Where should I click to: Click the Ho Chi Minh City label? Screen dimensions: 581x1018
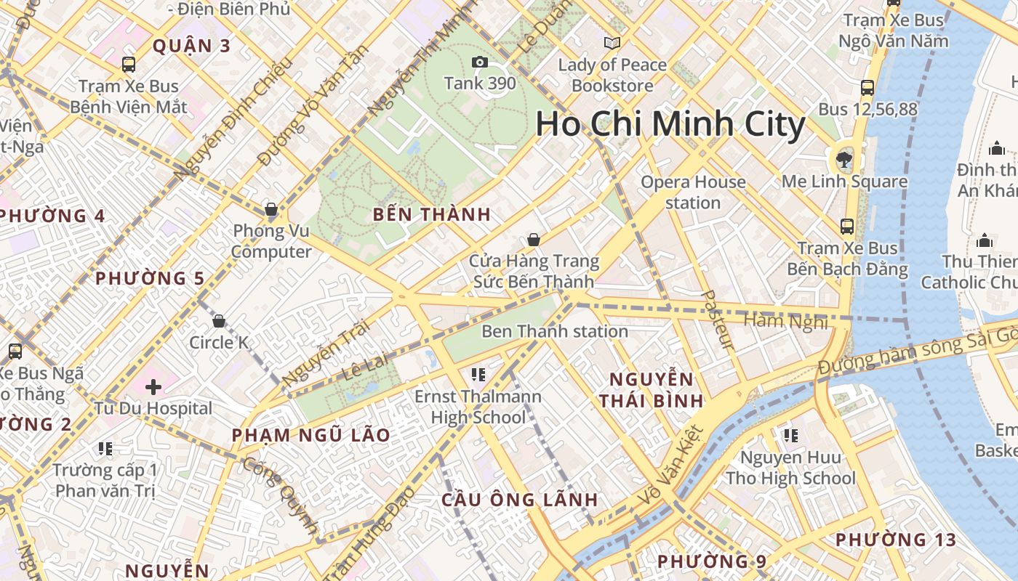coord(670,124)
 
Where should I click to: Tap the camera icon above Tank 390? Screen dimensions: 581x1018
coord(479,62)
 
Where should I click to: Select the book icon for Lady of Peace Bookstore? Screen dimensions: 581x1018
coord(612,44)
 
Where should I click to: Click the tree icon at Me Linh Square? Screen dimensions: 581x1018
coord(844,159)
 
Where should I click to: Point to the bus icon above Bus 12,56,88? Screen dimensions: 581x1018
coord(867,88)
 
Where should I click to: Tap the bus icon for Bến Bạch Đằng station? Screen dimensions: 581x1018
coord(847,226)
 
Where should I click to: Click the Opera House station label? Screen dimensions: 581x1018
coord(693,192)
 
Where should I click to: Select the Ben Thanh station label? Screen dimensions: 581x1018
coord(555,332)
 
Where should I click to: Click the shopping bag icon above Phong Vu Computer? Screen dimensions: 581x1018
coord(271,210)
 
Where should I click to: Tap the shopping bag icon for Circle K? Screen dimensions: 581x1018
coord(219,320)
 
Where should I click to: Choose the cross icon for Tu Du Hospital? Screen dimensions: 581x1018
coord(153,387)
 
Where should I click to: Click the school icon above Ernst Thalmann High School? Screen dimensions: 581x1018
coord(478,375)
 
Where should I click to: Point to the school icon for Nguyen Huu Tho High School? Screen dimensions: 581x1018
coord(790,436)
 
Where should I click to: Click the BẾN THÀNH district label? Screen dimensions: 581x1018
coord(432,215)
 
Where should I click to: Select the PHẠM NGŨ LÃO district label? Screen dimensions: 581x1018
coord(311,436)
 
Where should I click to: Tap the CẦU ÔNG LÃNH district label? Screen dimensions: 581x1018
coord(519,500)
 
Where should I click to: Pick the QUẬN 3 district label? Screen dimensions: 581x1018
coord(191,46)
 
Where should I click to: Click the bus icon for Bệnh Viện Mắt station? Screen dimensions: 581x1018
coord(129,65)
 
